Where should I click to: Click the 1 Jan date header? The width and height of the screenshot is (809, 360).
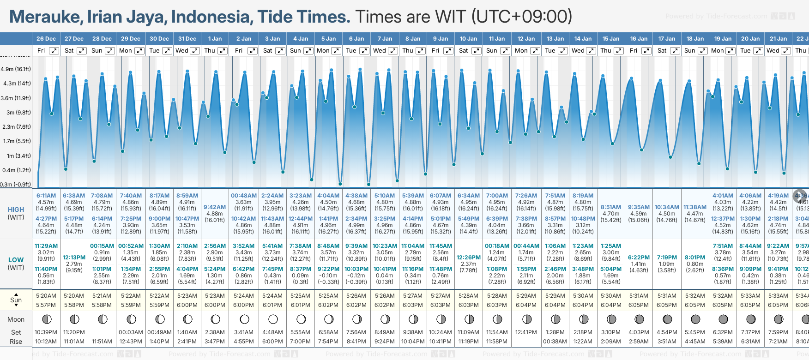point(215,39)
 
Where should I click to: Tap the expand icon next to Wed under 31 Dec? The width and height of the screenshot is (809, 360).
point(195,51)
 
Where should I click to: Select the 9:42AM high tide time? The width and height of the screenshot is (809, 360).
point(215,207)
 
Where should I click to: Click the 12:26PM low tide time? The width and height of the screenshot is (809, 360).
point(468,258)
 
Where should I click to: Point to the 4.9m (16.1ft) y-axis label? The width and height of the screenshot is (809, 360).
point(16,69)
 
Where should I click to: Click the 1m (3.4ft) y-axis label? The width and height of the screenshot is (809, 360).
point(16,156)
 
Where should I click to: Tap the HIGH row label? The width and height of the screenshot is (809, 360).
point(16,210)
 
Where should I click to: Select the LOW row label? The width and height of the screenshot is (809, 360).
point(16,260)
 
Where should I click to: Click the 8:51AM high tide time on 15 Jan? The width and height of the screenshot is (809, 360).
point(611,207)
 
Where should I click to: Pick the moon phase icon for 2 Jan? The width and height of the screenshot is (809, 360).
point(244,319)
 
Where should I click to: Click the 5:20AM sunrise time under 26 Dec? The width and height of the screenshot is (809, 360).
point(46,296)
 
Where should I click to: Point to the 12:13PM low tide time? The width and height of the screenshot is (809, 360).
point(74,258)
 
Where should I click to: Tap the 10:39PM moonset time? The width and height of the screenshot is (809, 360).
point(46,332)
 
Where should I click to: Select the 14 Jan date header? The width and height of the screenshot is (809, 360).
point(583,39)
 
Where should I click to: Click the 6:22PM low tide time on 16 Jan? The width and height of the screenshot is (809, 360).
point(639,258)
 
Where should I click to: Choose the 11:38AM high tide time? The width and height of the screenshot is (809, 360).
point(695,207)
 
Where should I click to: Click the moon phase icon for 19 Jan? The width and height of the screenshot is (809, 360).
point(723,319)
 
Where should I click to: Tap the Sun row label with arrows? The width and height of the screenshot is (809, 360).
point(16,300)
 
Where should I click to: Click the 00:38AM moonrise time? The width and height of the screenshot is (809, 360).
point(555,342)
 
